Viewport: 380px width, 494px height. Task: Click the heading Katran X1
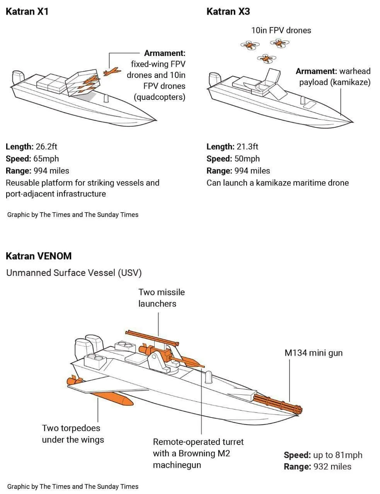click(27, 11)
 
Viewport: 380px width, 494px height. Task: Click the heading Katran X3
click(228, 11)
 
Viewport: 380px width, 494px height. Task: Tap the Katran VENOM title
click(39, 256)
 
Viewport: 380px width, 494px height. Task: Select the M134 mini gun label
click(314, 353)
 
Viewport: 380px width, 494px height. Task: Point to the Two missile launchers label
click(161, 298)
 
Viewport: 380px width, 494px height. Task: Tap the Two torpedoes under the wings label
click(73, 434)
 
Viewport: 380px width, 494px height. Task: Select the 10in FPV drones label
click(281, 30)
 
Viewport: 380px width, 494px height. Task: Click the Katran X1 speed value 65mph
click(46, 159)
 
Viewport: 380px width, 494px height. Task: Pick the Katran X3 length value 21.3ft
click(247, 147)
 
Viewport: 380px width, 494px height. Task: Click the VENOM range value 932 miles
click(332, 467)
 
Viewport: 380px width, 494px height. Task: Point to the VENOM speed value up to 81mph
click(338, 455)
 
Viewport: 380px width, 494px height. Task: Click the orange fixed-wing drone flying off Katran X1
click(111, 72)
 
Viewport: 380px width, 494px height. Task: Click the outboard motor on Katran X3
click(214, 79)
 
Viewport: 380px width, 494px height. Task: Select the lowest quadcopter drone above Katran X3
click(266, 59)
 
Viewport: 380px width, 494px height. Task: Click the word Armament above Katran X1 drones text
click(165, 53)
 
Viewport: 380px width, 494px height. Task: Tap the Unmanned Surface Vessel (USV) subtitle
click(74, 273)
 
